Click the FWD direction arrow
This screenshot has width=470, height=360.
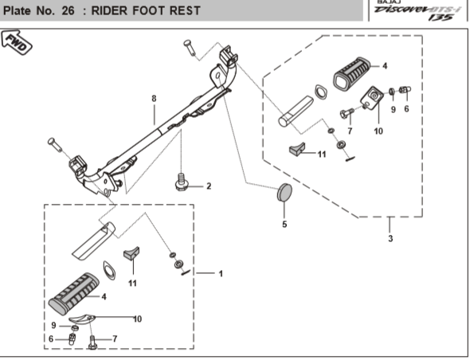[17, 42]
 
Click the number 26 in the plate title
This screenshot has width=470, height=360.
[68, 11]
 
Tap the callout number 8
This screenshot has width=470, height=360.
[154, 98]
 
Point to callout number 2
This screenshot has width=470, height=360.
[209, 186]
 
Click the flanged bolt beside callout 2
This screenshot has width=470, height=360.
[181, 182]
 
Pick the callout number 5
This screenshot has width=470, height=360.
[284, 225]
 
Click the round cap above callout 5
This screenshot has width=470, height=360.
[284, 193]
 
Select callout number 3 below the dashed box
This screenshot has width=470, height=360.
[390, 239]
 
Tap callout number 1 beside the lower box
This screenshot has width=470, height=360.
[221, 274]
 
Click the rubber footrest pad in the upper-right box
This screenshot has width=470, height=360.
[352, 73]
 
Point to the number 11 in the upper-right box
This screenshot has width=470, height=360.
[322, 155]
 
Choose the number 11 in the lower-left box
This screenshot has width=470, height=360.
[132, 284]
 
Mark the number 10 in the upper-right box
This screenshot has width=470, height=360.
[378, 131]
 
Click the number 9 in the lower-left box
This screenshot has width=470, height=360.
[53, 325]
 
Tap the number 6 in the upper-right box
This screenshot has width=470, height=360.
[406, 109]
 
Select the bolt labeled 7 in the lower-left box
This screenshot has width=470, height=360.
[92, 342]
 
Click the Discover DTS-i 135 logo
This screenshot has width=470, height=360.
[418, 11]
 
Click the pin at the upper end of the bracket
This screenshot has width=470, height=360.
[190, 48]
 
